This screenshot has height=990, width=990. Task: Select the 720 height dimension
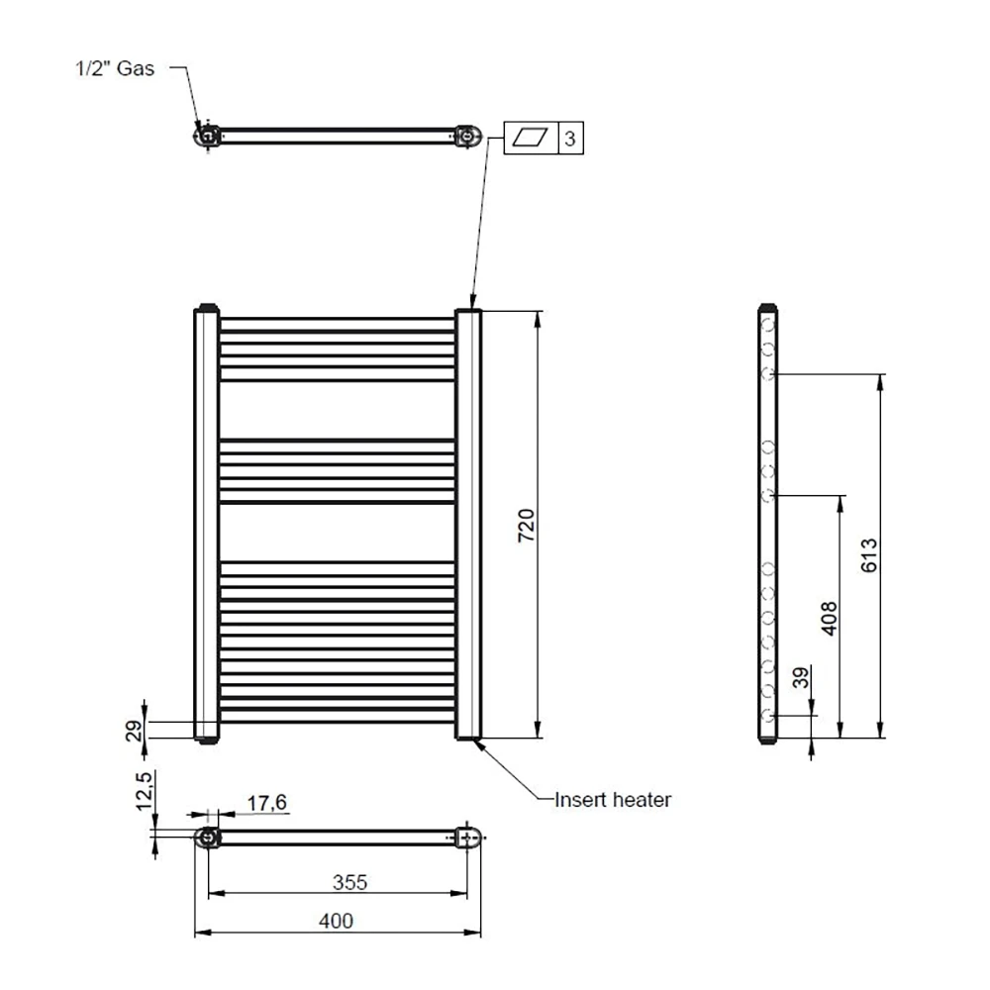click(x=527, y=525)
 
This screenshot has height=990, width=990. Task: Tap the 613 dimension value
click(x=868, y=555)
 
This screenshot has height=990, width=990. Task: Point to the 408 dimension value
click(x=830, y=617)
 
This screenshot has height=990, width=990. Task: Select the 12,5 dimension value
click(x=144, y=792)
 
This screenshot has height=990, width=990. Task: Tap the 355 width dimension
click(x=348, y=881)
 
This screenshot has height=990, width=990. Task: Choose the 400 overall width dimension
click(x=336, y=921)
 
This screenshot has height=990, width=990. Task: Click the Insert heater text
click(x=613, y=799)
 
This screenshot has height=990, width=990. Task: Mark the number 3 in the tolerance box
click(x=570, y=139)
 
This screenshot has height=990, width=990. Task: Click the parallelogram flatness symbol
click(x=532, y=139)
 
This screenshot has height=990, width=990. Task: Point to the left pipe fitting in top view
click(x=207, y=136)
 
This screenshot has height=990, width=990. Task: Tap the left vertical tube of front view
click(x=205, y=525)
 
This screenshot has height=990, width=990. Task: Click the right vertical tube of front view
click(x=468, y=525)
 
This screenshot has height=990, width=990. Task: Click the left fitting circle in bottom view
click(x=207, y=839)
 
